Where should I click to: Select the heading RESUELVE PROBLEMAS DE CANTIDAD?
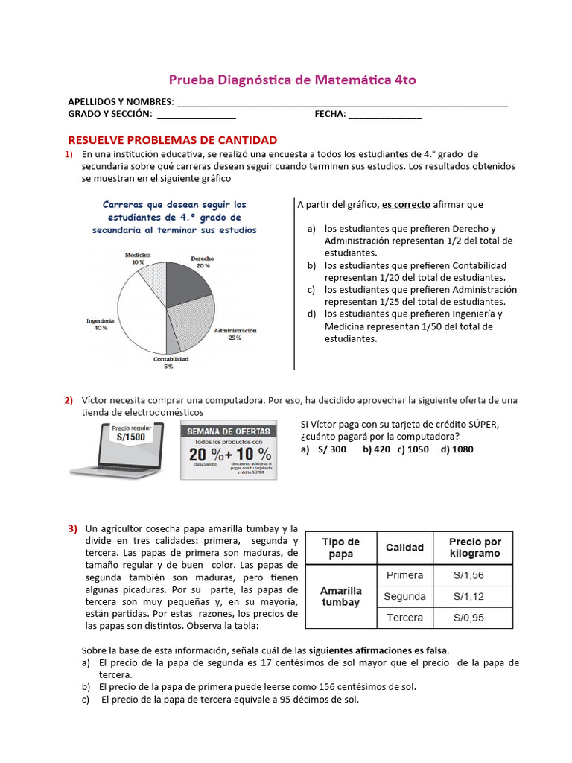pos(173,140)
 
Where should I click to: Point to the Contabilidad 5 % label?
pos(171,363)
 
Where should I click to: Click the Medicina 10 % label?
pos(139,259)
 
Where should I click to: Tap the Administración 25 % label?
pos(235,334)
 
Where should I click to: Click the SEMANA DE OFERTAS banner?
pos(228,431)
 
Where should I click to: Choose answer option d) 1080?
pos(457,449)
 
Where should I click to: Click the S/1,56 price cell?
pos(468,575)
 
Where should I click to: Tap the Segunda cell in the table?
pos(404,596)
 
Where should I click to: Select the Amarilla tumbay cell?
pos(340,596)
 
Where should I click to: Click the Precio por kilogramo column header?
pos(475,548)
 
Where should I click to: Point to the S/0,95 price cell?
pos(468,618)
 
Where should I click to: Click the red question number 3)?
pos(73,528)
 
